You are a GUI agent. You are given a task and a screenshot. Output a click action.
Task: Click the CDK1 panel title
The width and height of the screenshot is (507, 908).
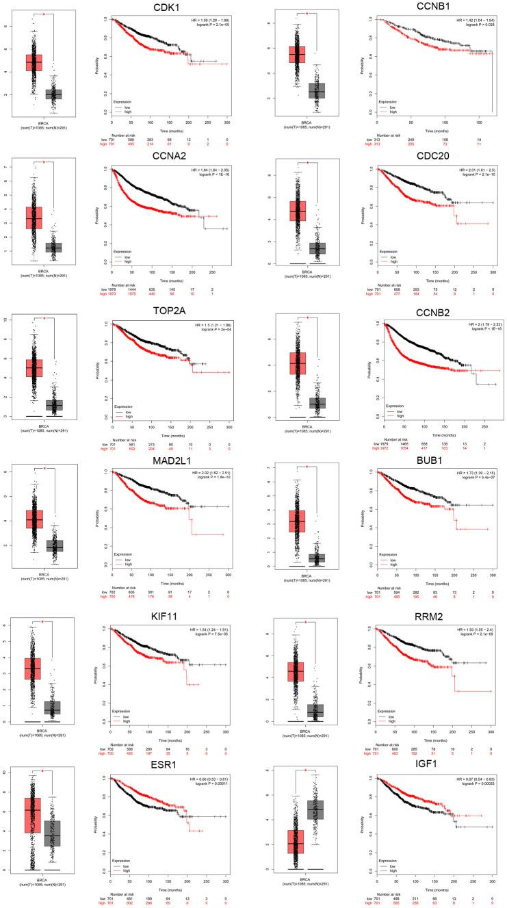tap(163, 8)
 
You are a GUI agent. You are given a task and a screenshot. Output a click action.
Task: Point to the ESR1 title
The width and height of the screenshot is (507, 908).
tap(163, 768)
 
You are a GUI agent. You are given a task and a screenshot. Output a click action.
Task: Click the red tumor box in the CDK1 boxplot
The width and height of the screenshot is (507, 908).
tap(34, 62)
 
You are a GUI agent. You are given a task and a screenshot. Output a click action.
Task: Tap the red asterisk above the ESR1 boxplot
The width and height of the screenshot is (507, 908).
tap(43, 771)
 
